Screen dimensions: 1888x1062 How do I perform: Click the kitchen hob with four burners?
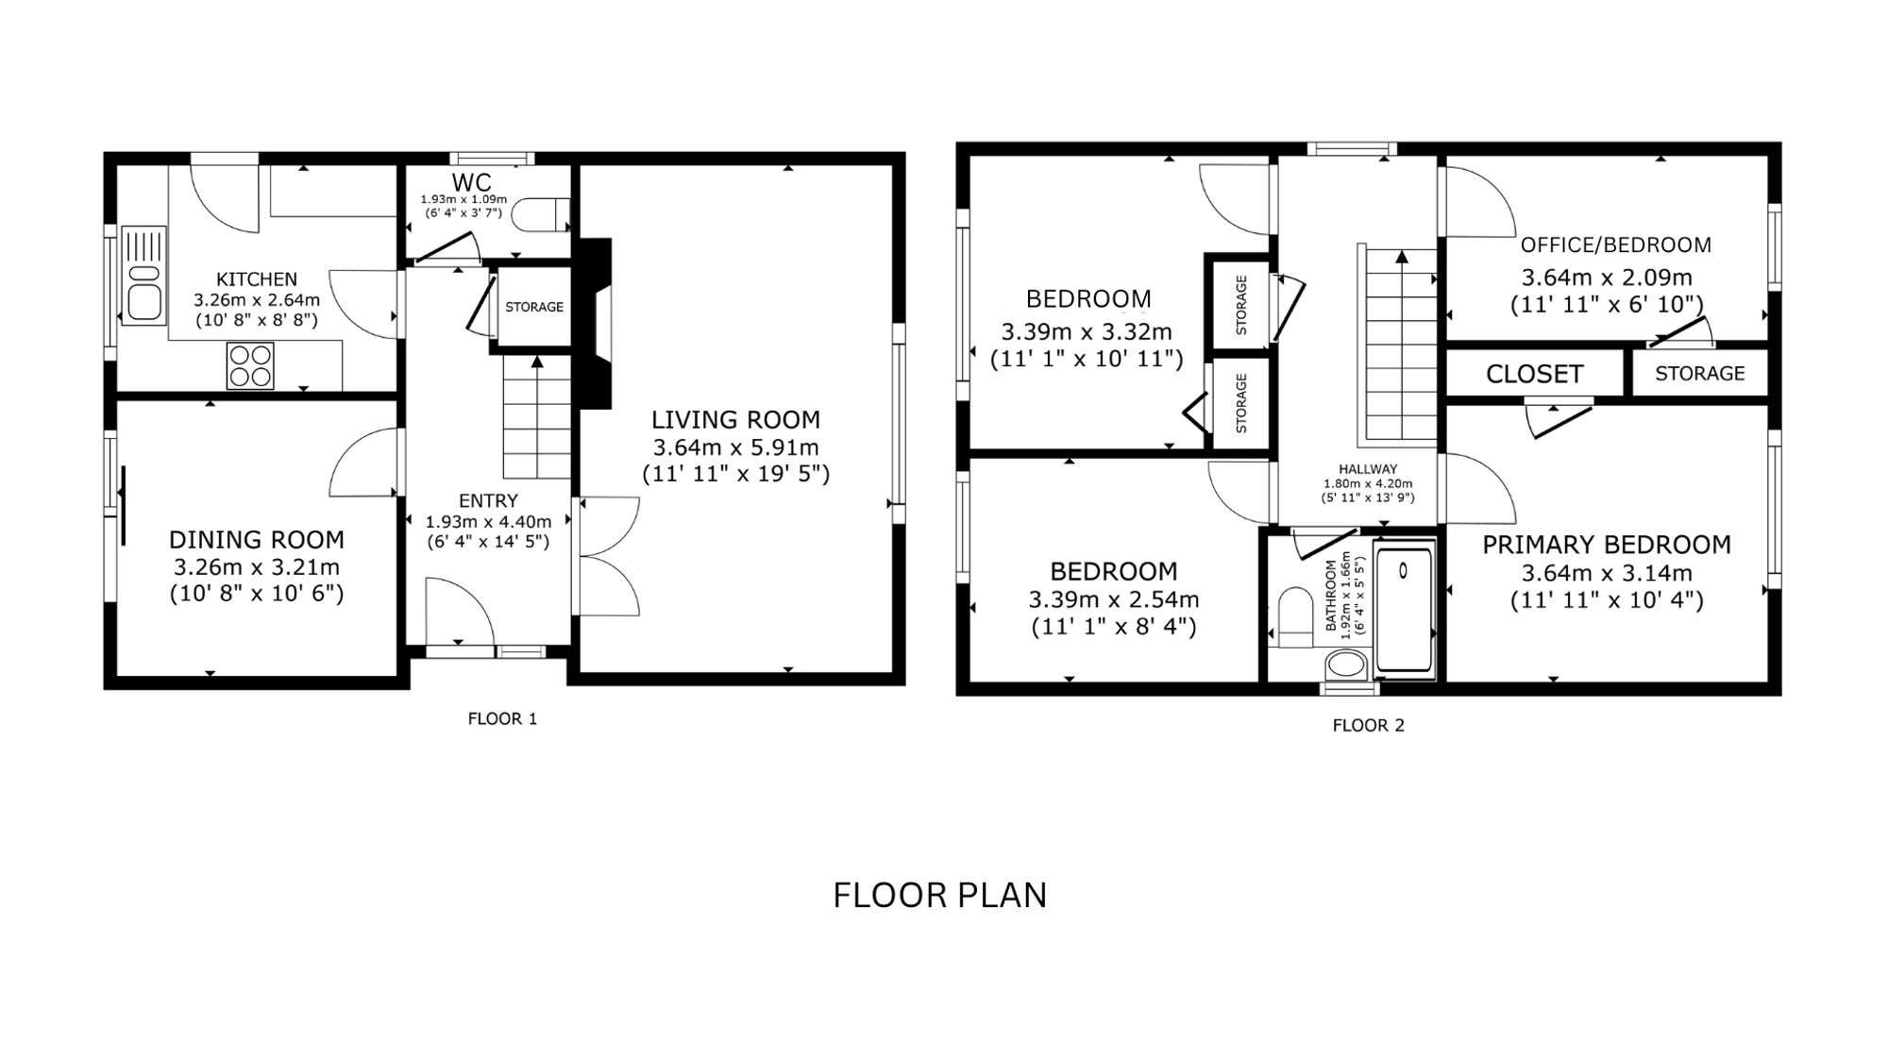click(250, 365)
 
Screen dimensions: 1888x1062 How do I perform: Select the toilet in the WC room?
click(545, 214)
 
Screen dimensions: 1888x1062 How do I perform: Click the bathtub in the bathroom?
click(1404, 610)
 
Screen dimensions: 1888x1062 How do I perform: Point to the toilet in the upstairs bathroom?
click(1295, 617)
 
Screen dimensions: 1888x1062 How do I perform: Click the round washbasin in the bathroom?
click(1346, 665)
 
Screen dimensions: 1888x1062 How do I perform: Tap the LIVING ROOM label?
click(735, 419)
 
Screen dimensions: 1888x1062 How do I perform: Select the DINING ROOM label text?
click(256, 540)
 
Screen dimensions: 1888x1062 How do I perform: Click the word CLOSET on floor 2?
click(1534, 374)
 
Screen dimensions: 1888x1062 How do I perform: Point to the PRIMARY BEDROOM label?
click(1607, 545)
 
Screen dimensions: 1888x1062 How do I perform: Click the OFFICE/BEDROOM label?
click(1615, 245)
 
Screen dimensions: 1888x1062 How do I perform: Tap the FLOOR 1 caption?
click(502, 719)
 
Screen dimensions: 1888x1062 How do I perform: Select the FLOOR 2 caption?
click(1368, 726)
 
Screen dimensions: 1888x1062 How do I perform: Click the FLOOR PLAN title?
click(939, 895)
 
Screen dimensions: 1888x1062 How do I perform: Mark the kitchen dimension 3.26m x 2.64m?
click(257, 300)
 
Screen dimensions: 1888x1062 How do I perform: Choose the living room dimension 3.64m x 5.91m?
click(735, 447)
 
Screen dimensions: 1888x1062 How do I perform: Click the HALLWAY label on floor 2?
click(1368, 469)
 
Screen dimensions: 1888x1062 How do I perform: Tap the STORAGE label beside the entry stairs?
click(534, 307)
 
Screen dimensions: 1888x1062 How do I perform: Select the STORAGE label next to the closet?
click(1700, 374)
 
